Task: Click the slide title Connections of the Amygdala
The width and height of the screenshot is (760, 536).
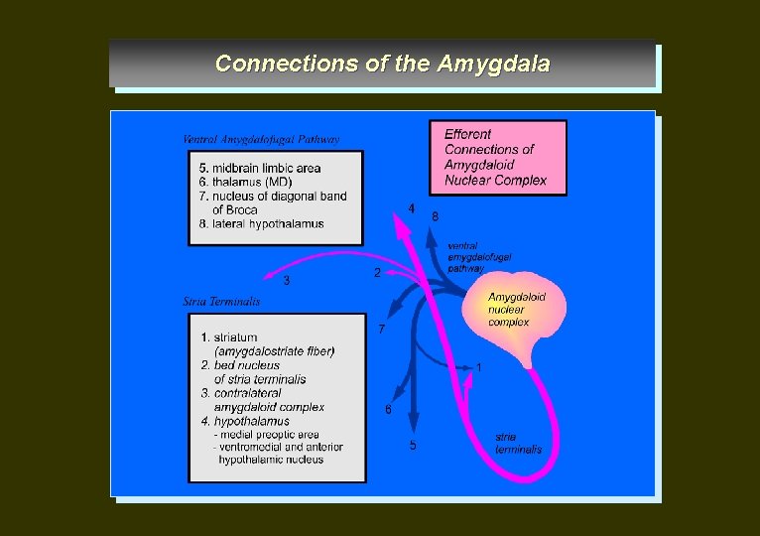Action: [382, 64]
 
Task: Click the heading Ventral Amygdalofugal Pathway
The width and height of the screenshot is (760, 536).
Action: [261, 139]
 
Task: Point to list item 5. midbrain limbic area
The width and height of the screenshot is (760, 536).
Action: [259, 168]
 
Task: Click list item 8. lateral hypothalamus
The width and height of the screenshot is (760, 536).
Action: [261, 224]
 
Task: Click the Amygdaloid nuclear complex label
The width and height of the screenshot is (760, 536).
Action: [516, 309]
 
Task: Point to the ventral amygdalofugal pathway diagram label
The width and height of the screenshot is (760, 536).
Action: [479, 256]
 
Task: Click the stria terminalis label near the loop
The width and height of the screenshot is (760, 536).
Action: [519, 443]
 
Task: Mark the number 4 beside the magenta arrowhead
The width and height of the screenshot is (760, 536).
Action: [411, 209]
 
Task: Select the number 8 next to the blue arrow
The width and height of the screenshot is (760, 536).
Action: [435, 215]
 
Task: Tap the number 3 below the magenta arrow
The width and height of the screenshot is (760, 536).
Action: [287, 281]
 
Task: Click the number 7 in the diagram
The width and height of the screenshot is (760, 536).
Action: [382, 329]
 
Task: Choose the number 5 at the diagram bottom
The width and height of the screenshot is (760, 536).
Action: [413, 445]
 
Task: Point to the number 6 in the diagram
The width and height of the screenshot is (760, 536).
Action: [388, 409]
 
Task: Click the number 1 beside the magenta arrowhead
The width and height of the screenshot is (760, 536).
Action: [479, 367]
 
